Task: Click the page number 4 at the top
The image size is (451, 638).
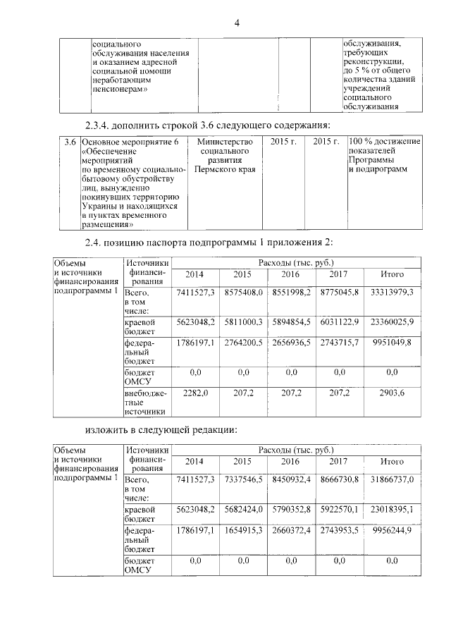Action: point(237,24)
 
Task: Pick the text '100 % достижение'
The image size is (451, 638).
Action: point(384,142)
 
